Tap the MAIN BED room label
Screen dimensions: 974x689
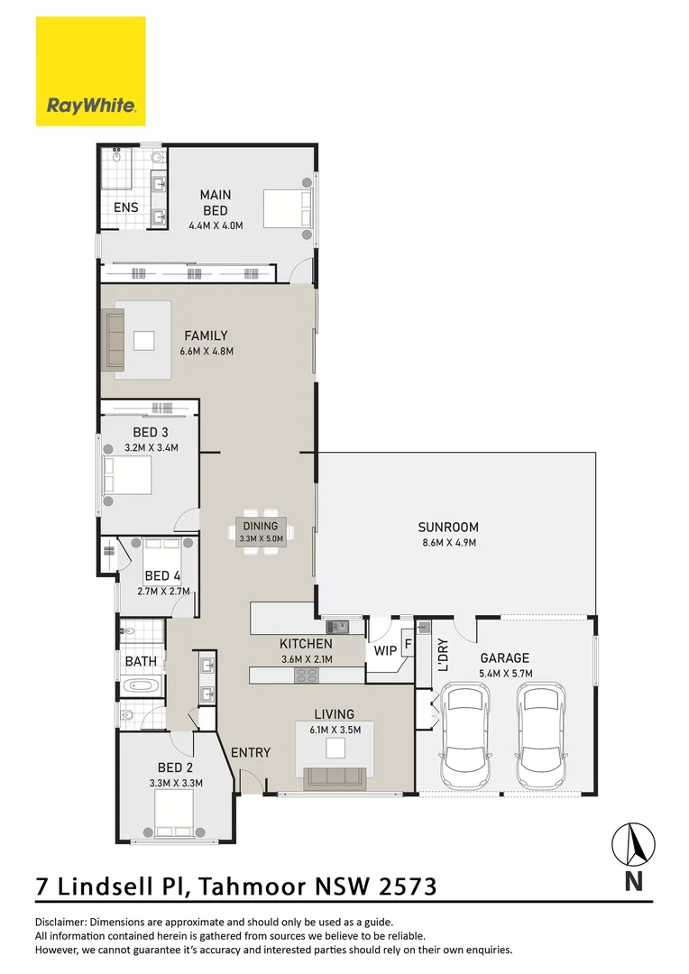(216, 202)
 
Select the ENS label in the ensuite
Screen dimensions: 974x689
(125, 207)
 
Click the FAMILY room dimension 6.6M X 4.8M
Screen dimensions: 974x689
(206, 351)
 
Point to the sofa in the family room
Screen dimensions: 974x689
(114, 339)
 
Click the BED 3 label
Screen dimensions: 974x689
(151, 432)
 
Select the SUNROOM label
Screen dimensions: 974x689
(447, 527)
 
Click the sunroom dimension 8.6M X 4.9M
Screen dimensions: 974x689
(447, 542)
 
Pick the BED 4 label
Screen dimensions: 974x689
(162, 575)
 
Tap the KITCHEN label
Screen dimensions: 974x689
(306, 644)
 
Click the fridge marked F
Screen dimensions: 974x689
(408, 645)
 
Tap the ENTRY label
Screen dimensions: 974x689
(251, 752)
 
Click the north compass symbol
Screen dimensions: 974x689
(633, 845)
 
